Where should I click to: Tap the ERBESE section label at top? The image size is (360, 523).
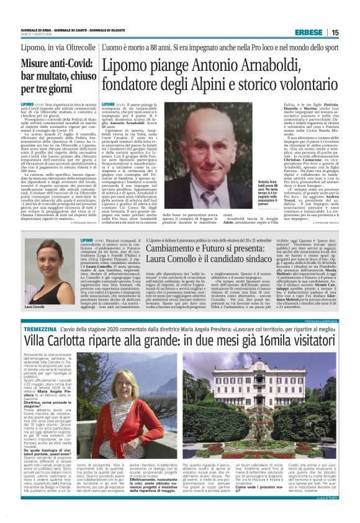tap(326, 32)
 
